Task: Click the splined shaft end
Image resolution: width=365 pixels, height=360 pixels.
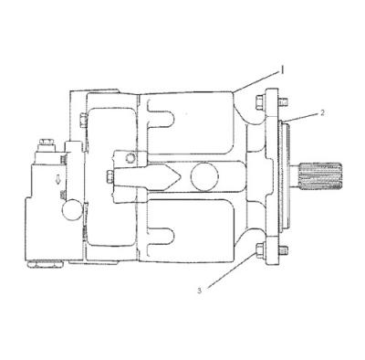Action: tap(319, 179)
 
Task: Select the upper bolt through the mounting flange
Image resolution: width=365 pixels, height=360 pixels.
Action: tap(263, 101)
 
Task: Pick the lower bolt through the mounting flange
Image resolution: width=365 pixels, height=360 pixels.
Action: tap(263, 249)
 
